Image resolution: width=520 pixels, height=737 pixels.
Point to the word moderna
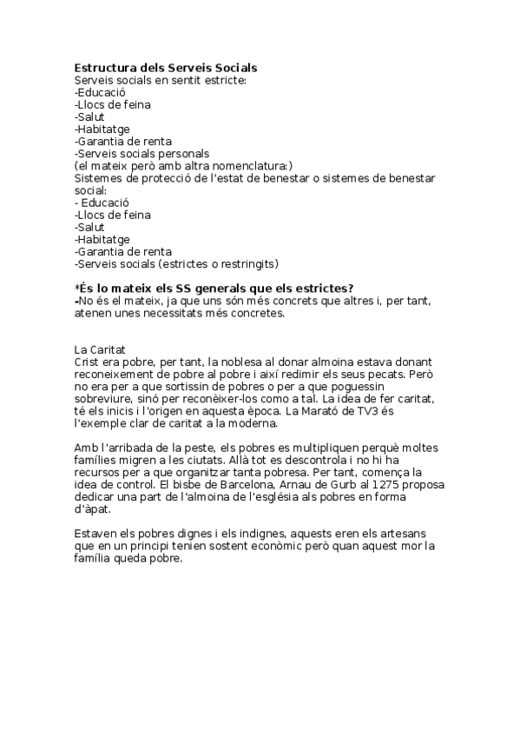(252, 423)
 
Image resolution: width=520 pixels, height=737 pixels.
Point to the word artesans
(408, 533)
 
